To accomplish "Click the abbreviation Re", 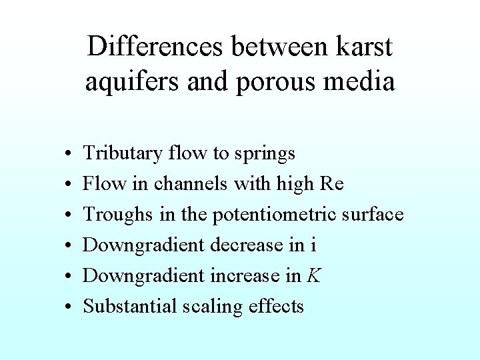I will pyautogui.click(x=331, y=183).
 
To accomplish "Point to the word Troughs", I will pyautogui.click(x=117, y=215).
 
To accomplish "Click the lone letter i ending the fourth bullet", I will pyautogui.click(x=313, y=245).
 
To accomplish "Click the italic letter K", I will pyautogui.click(x=313, y=275).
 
